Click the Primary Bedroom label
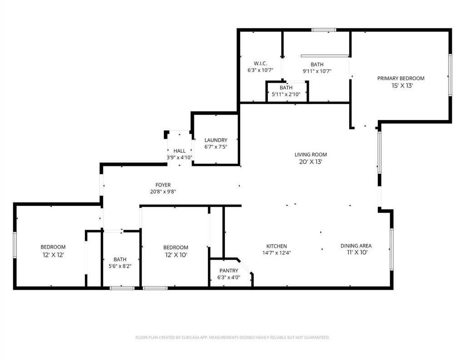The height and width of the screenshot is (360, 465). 401,78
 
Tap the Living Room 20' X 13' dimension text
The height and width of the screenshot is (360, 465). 311,162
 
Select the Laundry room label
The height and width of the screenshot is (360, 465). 216,140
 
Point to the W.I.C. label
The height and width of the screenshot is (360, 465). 260,64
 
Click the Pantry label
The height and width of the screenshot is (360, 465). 229,270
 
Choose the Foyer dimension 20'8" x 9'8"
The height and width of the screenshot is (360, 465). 163,192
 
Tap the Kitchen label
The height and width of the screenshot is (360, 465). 277,246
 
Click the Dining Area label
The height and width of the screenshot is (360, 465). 356,246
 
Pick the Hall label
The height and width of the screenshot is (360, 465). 179,151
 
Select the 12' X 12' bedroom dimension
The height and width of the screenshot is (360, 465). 53,255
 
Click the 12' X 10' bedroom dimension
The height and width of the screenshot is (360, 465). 176,255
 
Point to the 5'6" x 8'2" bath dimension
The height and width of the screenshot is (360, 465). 120,266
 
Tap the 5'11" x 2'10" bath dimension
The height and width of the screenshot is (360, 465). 286,95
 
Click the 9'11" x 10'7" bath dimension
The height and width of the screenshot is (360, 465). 317,71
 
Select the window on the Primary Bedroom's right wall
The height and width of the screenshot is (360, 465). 450,75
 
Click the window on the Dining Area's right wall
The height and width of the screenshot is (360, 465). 391,249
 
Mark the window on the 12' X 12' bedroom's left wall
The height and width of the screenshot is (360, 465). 15,245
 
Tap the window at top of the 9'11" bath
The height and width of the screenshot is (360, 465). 324,30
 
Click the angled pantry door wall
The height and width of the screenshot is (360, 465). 245,266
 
